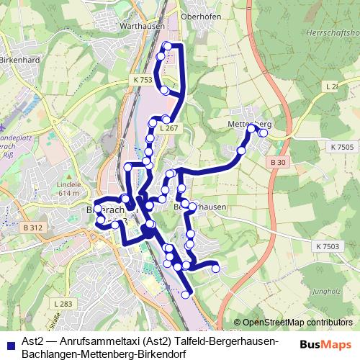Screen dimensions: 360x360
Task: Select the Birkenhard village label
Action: coord(17,60)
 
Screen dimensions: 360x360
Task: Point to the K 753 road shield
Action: coord(143,80)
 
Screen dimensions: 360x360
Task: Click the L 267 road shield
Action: coord(168,128)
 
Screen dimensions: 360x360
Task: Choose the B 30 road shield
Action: coord(279,163)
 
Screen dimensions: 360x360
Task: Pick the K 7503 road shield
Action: coord(326,246)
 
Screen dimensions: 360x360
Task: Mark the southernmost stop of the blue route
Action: coord(186,294)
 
